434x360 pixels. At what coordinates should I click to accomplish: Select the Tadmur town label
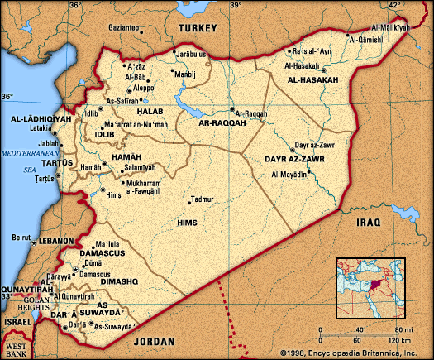click(x=202, y=199)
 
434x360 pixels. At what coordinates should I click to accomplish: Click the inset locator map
click(x=370, y=287)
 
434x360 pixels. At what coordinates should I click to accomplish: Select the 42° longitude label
click(x=394, y=6)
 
